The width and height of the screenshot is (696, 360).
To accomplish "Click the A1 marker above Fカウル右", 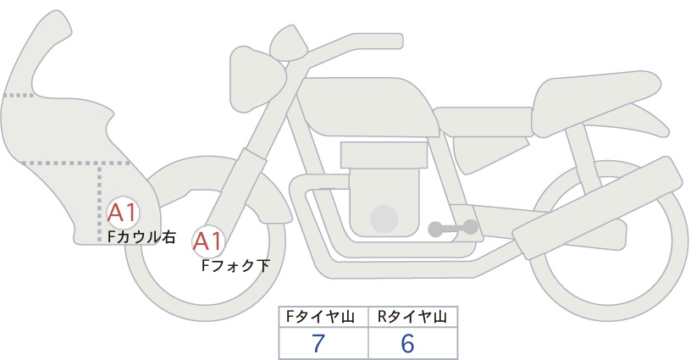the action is [123, 213].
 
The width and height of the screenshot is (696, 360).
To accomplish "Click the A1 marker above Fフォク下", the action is [208, 242].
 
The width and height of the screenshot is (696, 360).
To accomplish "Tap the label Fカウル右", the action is [142, 237].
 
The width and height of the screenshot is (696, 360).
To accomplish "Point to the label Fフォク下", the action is [235, 265].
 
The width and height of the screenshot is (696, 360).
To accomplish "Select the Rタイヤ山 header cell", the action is [413, 317].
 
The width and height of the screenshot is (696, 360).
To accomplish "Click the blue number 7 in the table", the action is [318, 343].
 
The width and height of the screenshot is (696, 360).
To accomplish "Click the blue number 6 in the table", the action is [407, 343].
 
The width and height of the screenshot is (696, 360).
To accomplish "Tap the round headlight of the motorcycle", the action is [257, 79].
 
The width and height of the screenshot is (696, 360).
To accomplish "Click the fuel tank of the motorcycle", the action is [366, 107].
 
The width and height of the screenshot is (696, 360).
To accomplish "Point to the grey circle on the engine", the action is [384, 219].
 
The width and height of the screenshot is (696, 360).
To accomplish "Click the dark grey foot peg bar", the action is [453, 228].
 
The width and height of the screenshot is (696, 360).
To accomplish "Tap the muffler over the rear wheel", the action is [597, 206].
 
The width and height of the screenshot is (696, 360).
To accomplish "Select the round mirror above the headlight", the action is [289, 42].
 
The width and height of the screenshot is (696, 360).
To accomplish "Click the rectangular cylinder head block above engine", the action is [384, 155].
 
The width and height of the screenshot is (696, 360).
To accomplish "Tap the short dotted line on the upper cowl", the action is [18, 95].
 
